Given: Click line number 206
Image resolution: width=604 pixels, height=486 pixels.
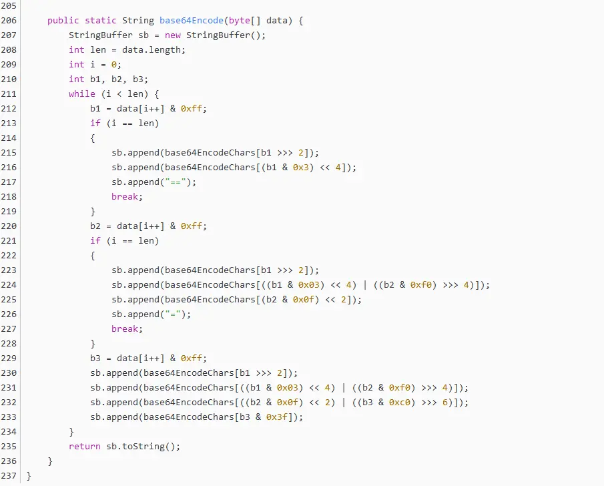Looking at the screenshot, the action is click(9, 20).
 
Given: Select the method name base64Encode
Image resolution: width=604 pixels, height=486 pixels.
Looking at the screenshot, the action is click(191, 20).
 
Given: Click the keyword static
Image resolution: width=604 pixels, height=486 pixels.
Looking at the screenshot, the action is click(100, 20).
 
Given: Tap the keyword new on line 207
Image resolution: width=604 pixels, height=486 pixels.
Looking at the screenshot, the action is click(172, 35).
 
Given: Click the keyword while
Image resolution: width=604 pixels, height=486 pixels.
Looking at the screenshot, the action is click(81, 93).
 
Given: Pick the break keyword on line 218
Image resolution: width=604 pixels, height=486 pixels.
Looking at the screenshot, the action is click(127, 196).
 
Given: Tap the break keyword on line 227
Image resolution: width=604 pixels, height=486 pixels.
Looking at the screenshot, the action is click(127, 328).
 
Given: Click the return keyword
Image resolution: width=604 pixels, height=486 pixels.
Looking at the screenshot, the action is click(84, 446).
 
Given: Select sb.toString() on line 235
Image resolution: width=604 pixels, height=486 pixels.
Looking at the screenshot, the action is click(143, 446).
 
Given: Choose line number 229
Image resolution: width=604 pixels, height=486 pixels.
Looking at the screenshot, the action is click(9, 358).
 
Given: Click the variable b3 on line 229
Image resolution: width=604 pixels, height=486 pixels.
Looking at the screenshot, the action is click(95, 358).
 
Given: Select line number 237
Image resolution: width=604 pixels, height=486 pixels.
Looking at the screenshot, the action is click(9, 475).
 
